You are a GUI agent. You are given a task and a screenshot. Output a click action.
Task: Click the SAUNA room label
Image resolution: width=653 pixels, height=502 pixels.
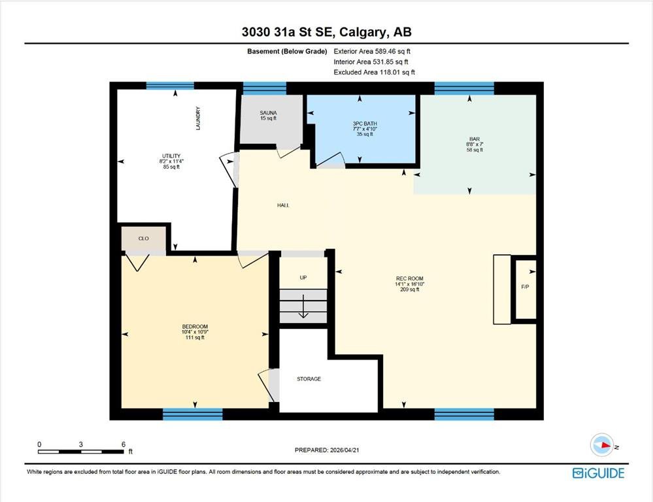[x=268, y=113]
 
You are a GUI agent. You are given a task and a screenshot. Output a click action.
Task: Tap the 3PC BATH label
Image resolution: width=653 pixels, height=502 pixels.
[x=365, y=124]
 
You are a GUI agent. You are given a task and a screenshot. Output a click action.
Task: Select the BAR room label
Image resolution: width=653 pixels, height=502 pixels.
[x=475, y=139]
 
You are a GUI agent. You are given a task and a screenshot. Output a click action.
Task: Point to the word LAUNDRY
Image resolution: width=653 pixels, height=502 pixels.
[x=198, y=118]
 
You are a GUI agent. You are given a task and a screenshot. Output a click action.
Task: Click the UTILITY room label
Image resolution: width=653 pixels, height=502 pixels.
[x=171, y=156]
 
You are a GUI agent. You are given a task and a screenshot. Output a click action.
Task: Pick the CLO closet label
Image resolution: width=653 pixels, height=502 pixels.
[x=143, y=239]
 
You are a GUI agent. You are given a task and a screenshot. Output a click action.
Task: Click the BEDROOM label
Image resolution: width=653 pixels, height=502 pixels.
[x=195, y=327]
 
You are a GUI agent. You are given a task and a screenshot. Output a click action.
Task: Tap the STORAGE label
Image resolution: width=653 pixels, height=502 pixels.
[x=309, y=379]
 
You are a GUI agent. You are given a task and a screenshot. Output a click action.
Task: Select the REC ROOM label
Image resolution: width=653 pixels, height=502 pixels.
[x=410, y=278]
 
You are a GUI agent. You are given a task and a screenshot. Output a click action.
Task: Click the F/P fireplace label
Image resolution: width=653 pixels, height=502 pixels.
[x=525, y=287]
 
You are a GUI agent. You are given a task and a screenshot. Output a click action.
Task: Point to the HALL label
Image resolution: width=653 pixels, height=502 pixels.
[x=283, y=205]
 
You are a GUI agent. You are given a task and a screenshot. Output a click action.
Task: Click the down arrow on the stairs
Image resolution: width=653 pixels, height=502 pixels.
[x=303, y=306]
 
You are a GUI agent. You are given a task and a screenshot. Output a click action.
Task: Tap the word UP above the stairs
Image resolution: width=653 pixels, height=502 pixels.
[x=303, y=277]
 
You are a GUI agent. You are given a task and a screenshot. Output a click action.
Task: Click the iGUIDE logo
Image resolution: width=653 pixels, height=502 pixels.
[x=599, y=473]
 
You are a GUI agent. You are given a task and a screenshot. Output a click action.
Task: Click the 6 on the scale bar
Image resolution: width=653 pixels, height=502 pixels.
[x=124, y=444]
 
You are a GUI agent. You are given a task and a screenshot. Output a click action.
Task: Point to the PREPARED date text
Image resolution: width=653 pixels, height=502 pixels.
[x=327, y=450]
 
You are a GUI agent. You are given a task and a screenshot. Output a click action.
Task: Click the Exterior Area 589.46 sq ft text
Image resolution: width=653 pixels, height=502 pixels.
[x=372, y=51]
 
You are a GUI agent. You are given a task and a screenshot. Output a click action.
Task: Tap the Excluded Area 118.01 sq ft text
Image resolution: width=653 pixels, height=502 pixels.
[x=374, y=72]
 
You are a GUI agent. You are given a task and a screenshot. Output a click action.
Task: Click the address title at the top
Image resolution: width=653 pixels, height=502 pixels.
[x=327, y=32]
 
